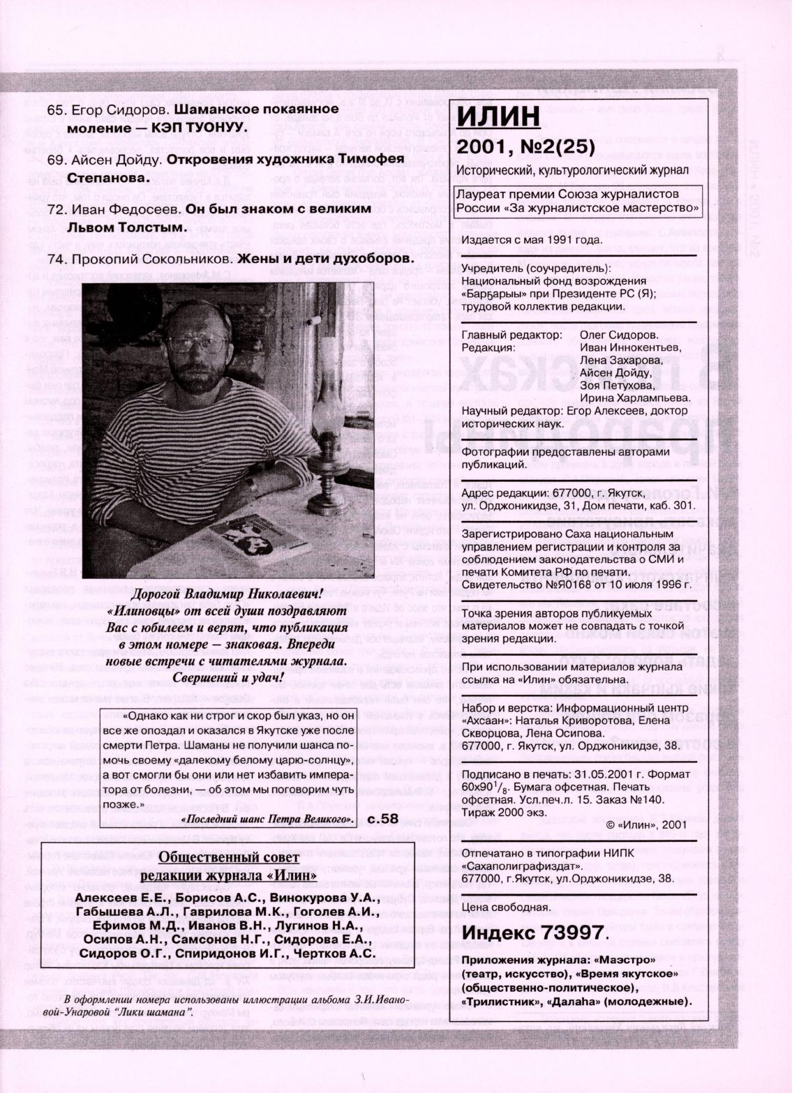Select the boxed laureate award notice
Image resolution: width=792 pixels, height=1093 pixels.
click(x=578, y=201)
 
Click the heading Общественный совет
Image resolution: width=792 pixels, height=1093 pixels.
click(x=229, y=857)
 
